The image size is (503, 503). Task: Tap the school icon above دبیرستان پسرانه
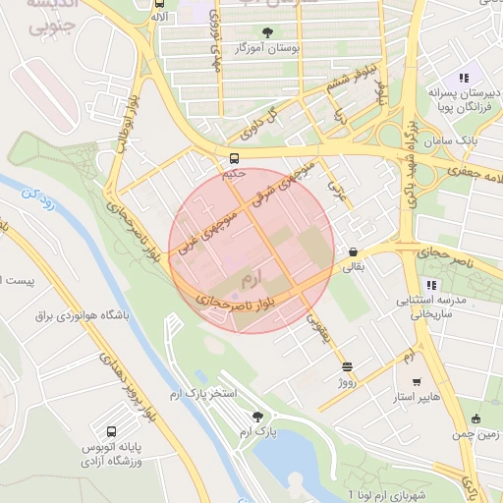pos(464,78)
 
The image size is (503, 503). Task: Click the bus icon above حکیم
pos(234,158)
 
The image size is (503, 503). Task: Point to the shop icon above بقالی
pos(353,251)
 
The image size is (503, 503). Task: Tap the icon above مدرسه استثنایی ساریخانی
pos(430,285)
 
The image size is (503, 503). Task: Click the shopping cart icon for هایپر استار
pos(417,382)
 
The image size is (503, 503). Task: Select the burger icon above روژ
pos(346,366)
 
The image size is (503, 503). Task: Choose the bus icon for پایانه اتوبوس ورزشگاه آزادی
pos(110,430)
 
